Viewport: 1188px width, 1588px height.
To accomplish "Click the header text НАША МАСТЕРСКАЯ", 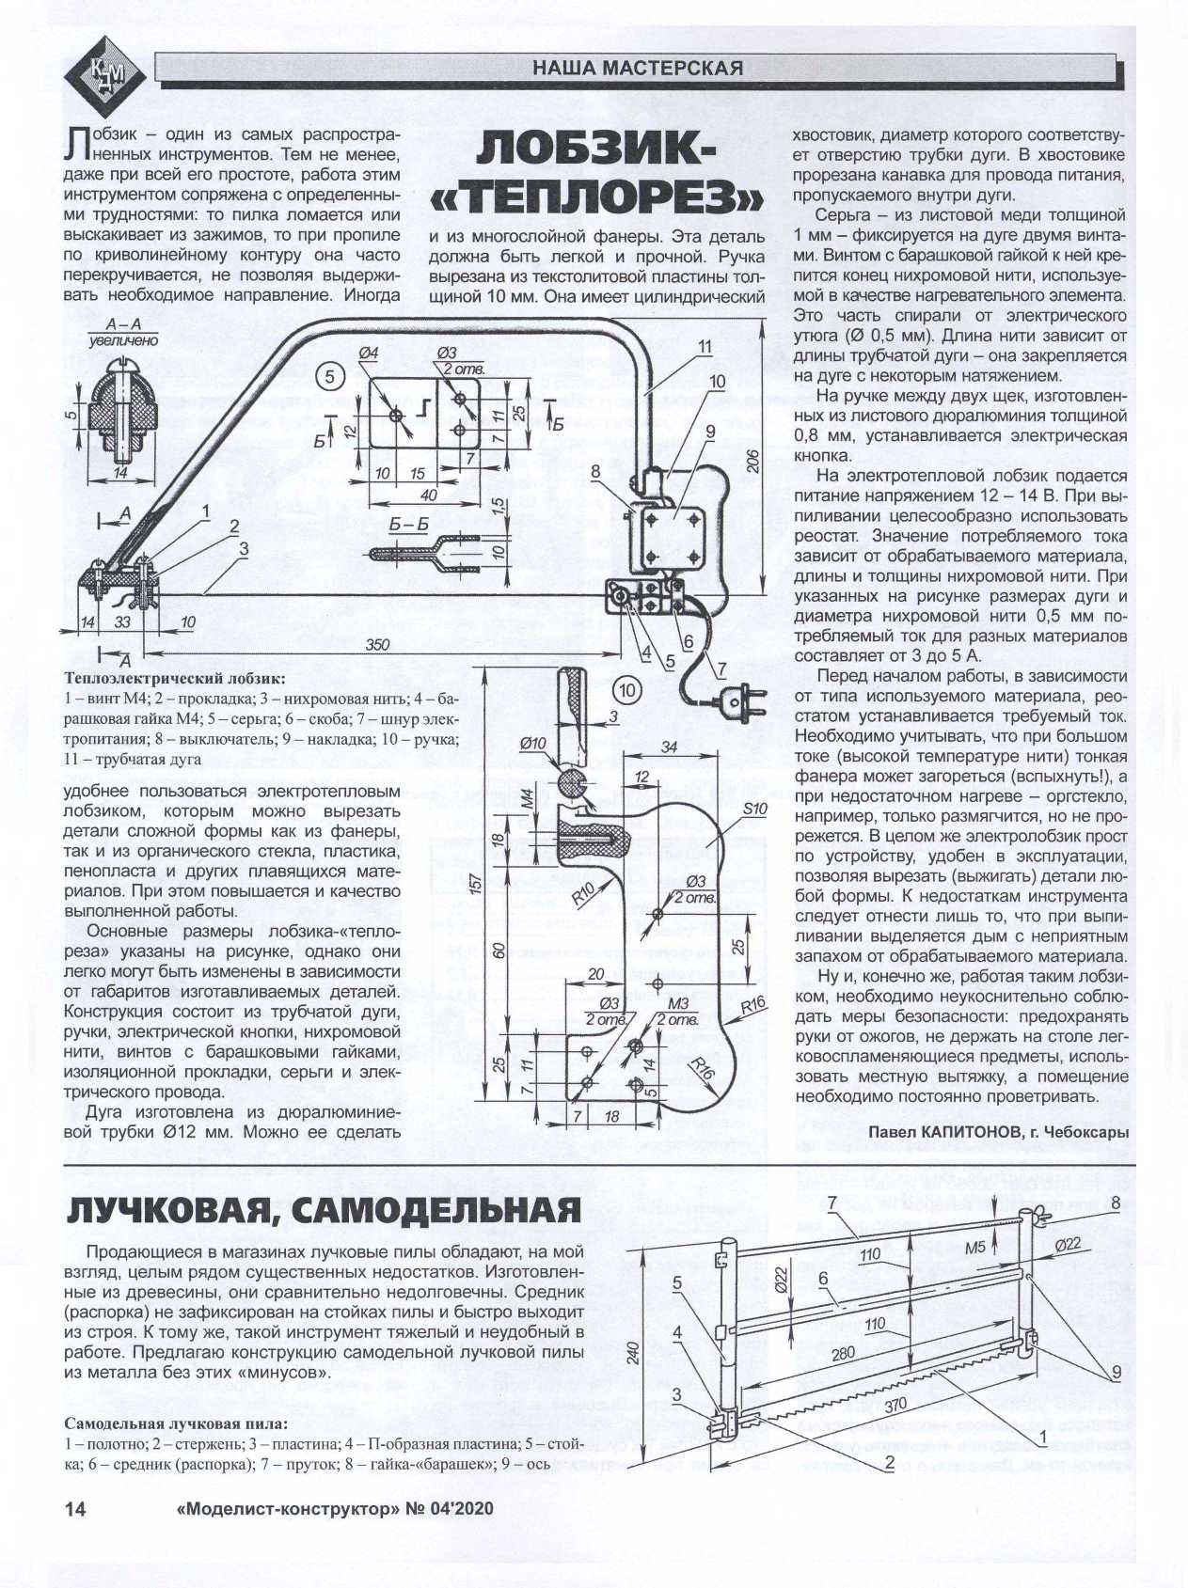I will coord(637,68).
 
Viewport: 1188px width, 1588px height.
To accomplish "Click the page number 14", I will coord(75,1508).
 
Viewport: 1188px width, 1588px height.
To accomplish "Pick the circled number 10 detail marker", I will coord(628,690).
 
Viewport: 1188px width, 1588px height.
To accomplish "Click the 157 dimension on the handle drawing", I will coord(477,884).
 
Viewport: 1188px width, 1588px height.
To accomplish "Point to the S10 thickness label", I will coord(755,810).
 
